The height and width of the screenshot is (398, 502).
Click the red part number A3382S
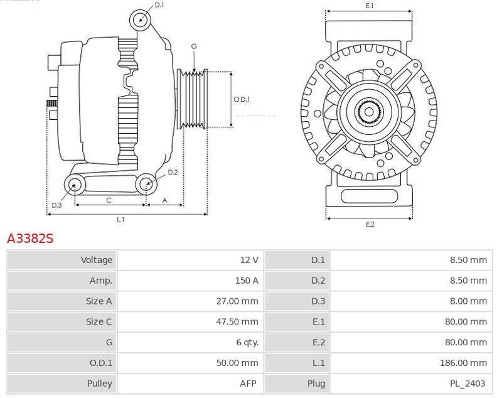tap(30, 239)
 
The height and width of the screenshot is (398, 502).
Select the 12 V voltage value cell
tap(249, 260)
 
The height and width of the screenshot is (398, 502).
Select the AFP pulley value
tap(249, 384)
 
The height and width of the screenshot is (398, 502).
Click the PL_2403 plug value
tap(468, 384)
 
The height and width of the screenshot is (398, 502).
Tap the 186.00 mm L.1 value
tap(463, 363)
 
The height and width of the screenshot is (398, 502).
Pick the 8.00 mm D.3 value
tap(468, 301)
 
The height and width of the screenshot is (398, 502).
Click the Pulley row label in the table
tap(100, 384)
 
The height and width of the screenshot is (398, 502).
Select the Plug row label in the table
tap(317, 384)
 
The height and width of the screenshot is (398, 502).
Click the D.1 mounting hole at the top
tap(141, 20)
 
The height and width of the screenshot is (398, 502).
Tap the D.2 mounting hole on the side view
tap(146, 184)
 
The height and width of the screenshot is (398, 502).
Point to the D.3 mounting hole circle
tap(75, 185)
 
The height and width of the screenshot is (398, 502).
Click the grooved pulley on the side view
tap(194, 99)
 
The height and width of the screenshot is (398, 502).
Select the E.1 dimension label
tap(370, 6)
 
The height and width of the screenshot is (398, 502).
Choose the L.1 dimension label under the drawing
tap(120, 219)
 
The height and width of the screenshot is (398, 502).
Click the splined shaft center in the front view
tap(370, 113)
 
